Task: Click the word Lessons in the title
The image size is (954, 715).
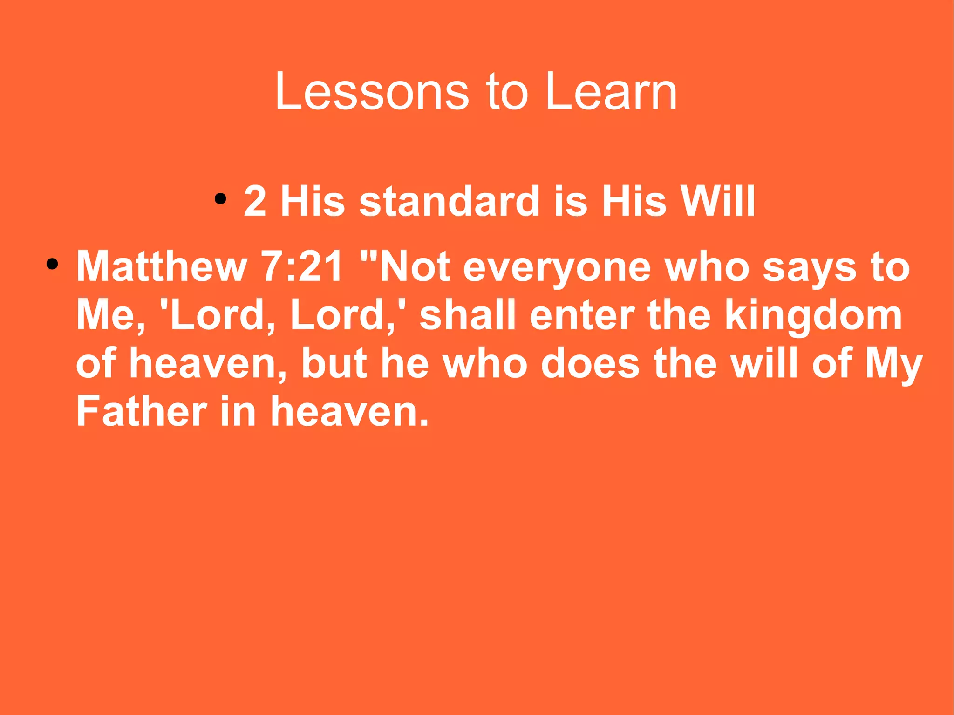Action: pyautogui.click(x=372, y=92)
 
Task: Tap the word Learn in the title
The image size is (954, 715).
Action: pyautogui.click(x=611, y=92)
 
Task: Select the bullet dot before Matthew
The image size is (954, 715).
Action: pyautogui.click(x=52, y=265)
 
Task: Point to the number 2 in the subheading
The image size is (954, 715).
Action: pyautogui.click(x=255, y=201)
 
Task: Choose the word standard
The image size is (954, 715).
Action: pyautogui.click(x=449, y=201)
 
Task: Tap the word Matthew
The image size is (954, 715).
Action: pyautogui.click(x=161, y=267)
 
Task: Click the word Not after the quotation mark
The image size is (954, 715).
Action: pyautogui.click(x=415, y=267)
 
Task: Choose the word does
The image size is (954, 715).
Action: pyautogui.click(x=590, y=363)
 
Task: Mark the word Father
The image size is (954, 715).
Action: pyautogui.click(x=141, y=411)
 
